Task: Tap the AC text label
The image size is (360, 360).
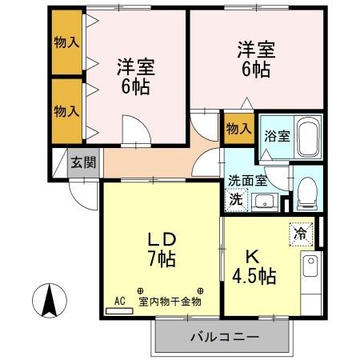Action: click(120, 301)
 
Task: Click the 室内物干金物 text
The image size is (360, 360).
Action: click(170, 302)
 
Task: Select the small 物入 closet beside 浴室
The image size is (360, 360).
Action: click(238, 128)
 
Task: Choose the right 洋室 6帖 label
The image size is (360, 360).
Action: click(256, 58)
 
